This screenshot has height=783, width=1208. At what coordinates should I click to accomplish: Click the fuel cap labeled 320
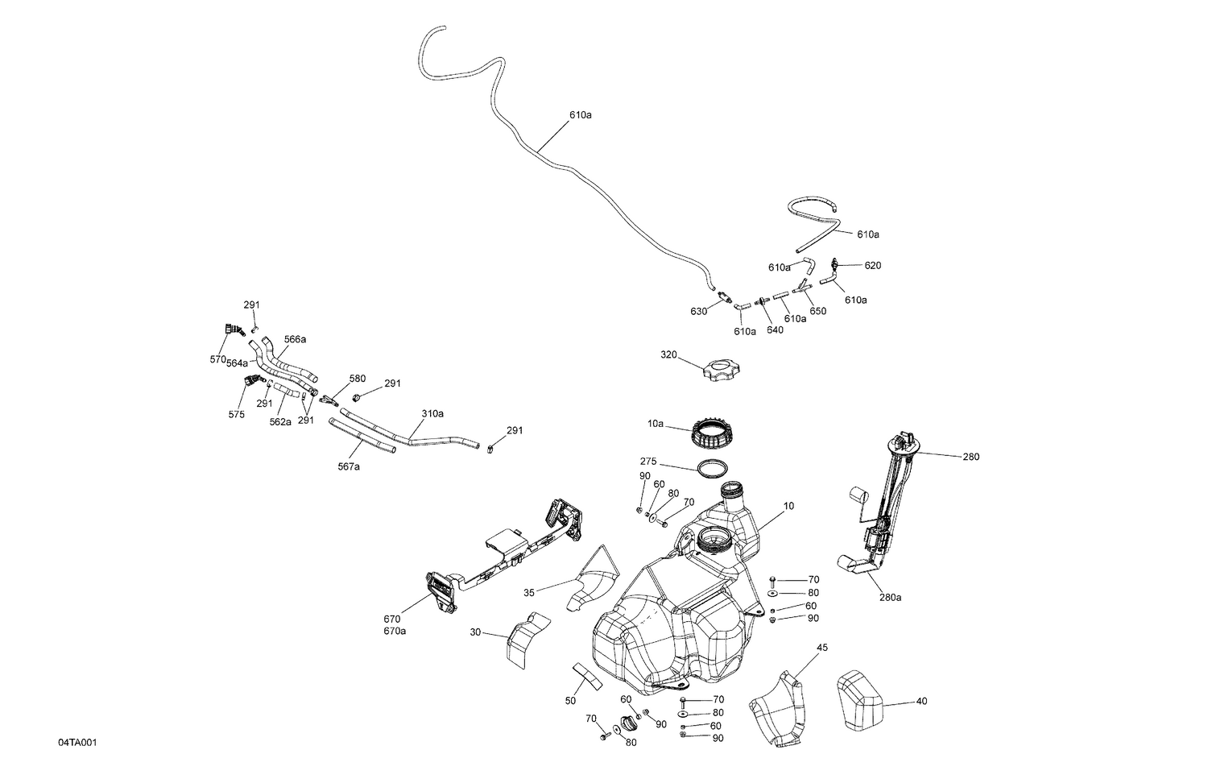coord(721,372)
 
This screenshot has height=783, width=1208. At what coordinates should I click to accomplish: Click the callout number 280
coord(970,457)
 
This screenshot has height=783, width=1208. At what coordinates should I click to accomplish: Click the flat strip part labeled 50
coord(587,677)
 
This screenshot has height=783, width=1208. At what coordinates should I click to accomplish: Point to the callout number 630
coord(698,312)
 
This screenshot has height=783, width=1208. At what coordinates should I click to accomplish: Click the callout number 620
coord(873,265)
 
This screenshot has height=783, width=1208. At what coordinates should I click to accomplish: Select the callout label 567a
coord(349,466)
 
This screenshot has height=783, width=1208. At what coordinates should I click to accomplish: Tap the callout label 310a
coord(432,413)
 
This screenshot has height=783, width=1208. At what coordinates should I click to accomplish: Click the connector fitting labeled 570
coord(234,329)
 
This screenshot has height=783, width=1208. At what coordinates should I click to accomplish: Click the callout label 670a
coord(395,631)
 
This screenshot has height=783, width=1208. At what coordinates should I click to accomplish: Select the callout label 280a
coord(890,598)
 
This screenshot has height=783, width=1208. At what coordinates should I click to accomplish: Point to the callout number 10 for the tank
coord(788,506)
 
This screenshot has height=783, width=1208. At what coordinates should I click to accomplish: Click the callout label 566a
coord(295,339)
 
